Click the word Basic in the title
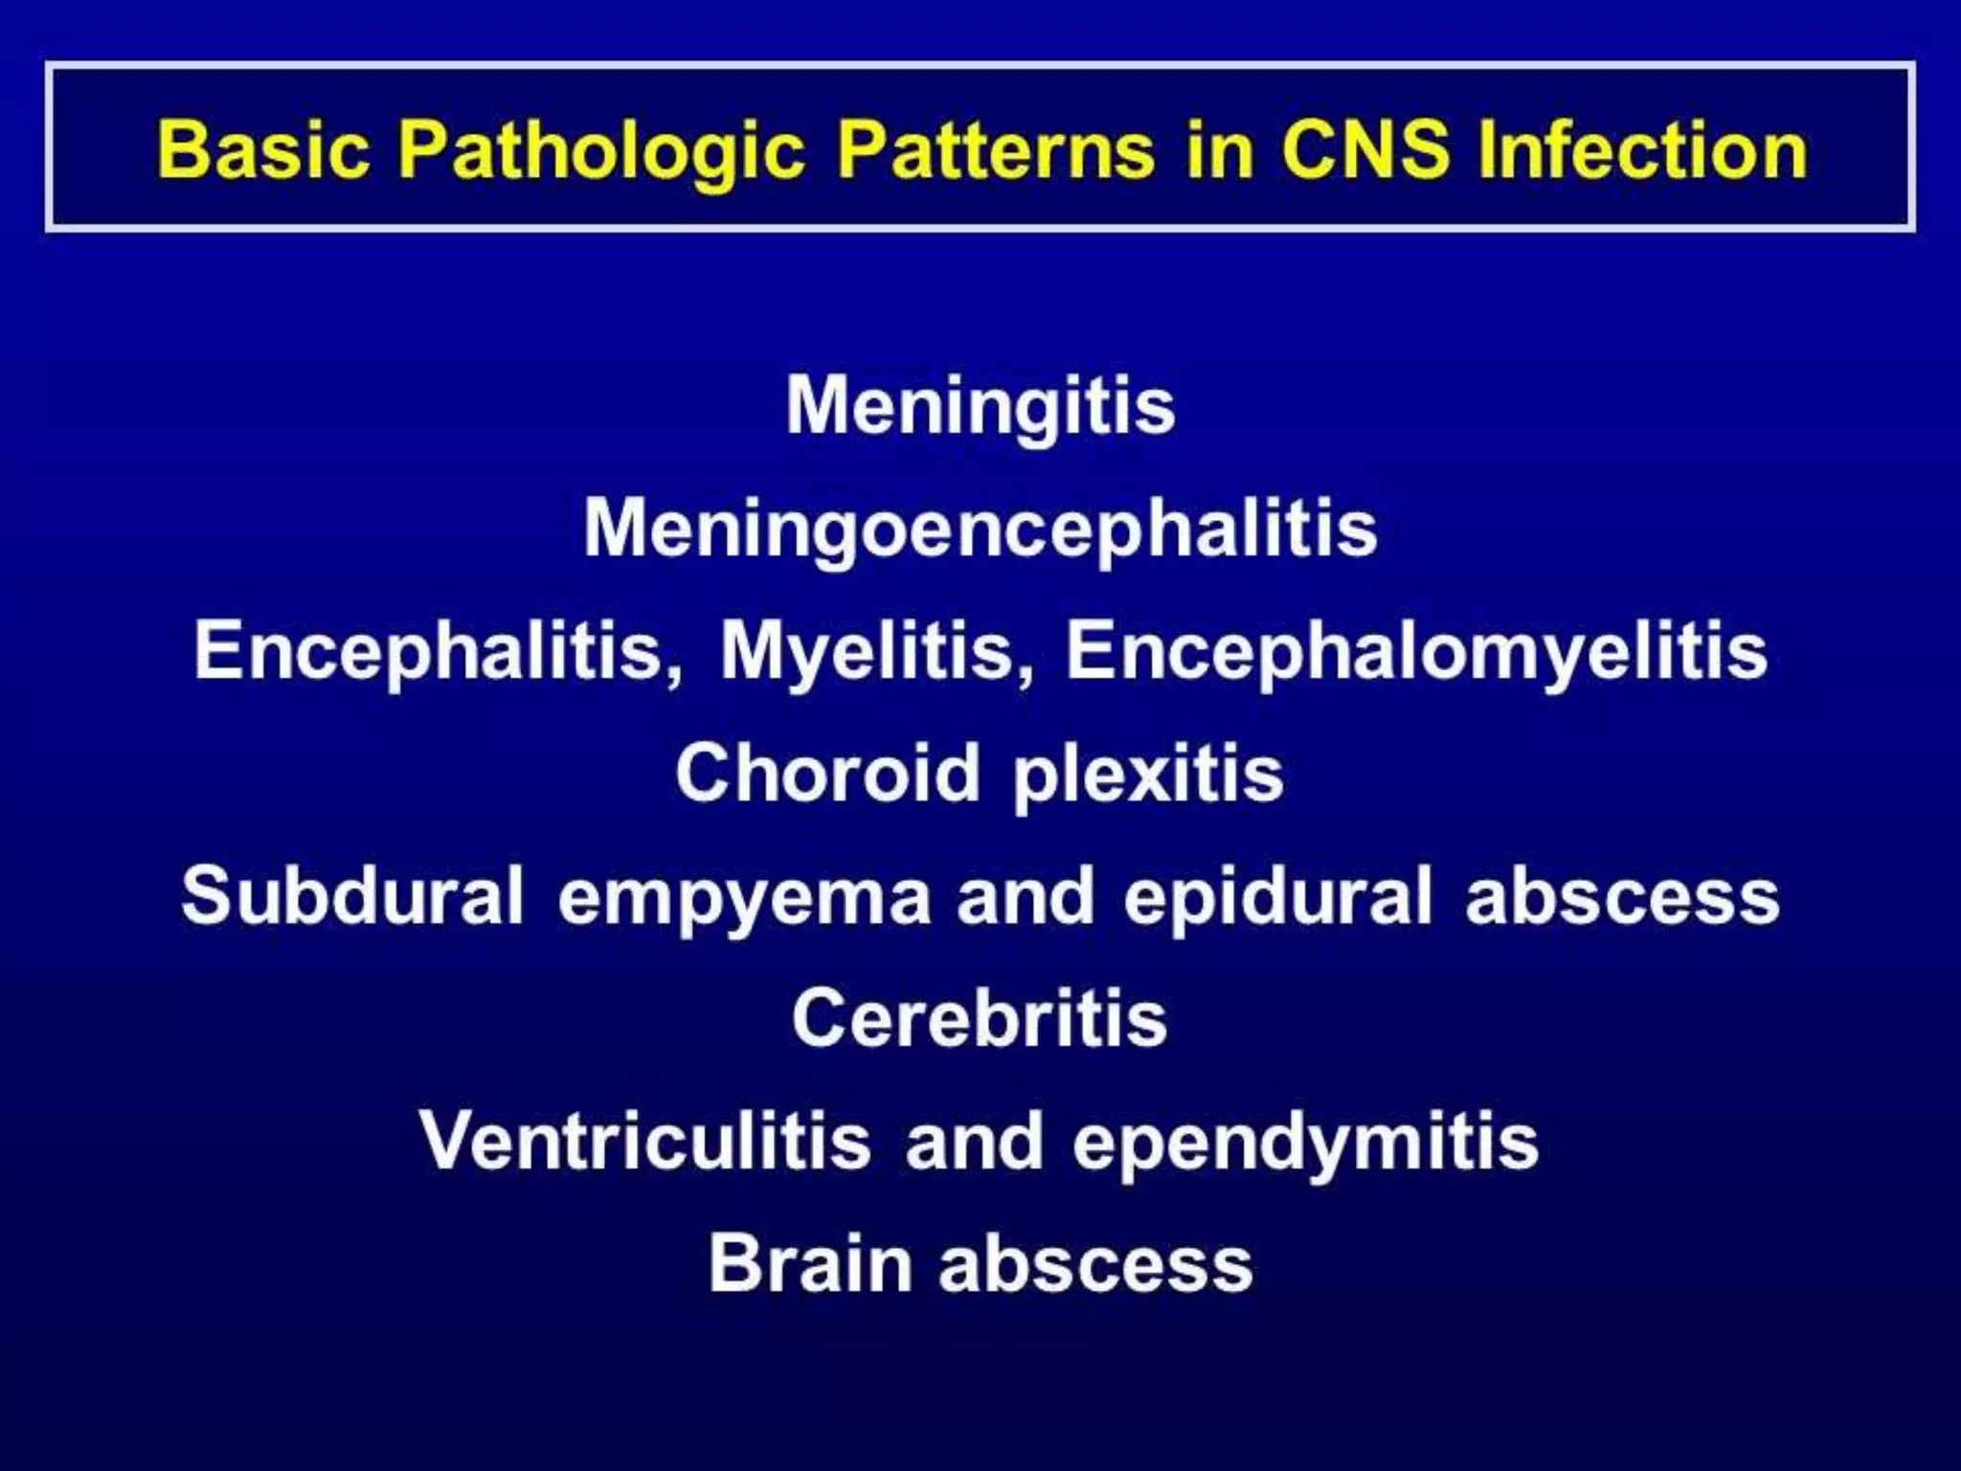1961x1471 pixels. pos(263,149)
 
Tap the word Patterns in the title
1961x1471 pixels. pos(996,149)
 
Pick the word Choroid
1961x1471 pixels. pos(827,774)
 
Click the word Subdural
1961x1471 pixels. pos(352,896)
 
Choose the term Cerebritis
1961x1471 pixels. pos(980,1019)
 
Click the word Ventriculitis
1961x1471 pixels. pos(644,1142)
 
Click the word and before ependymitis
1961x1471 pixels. pos(974,1142)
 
